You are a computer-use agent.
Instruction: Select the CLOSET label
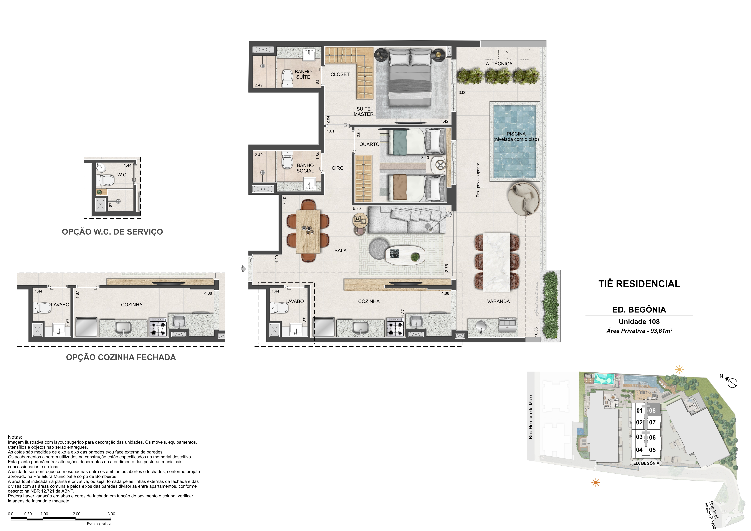tap(340, 74)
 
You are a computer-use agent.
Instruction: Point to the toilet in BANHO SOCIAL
tap(287, 159)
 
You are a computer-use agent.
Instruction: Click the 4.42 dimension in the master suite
tap(445, 121)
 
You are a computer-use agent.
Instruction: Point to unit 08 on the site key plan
tap(652, 411)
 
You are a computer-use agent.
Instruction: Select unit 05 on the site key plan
tap(652, 450)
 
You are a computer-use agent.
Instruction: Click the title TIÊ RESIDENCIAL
tap(639, 284)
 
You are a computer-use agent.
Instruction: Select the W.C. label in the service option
tap(122, 175)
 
